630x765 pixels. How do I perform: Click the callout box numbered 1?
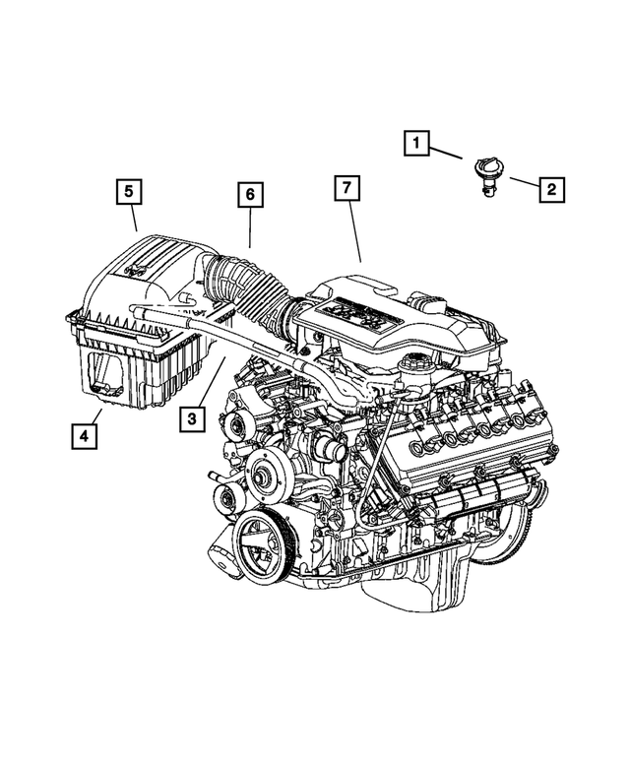click(416, 146)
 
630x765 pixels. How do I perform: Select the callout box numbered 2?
click(550, 187)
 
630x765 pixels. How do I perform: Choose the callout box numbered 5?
click(127, 189)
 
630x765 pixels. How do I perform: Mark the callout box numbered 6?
click(251, 195)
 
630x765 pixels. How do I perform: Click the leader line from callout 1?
click(447, 152)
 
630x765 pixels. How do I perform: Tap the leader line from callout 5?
click(134, 218)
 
